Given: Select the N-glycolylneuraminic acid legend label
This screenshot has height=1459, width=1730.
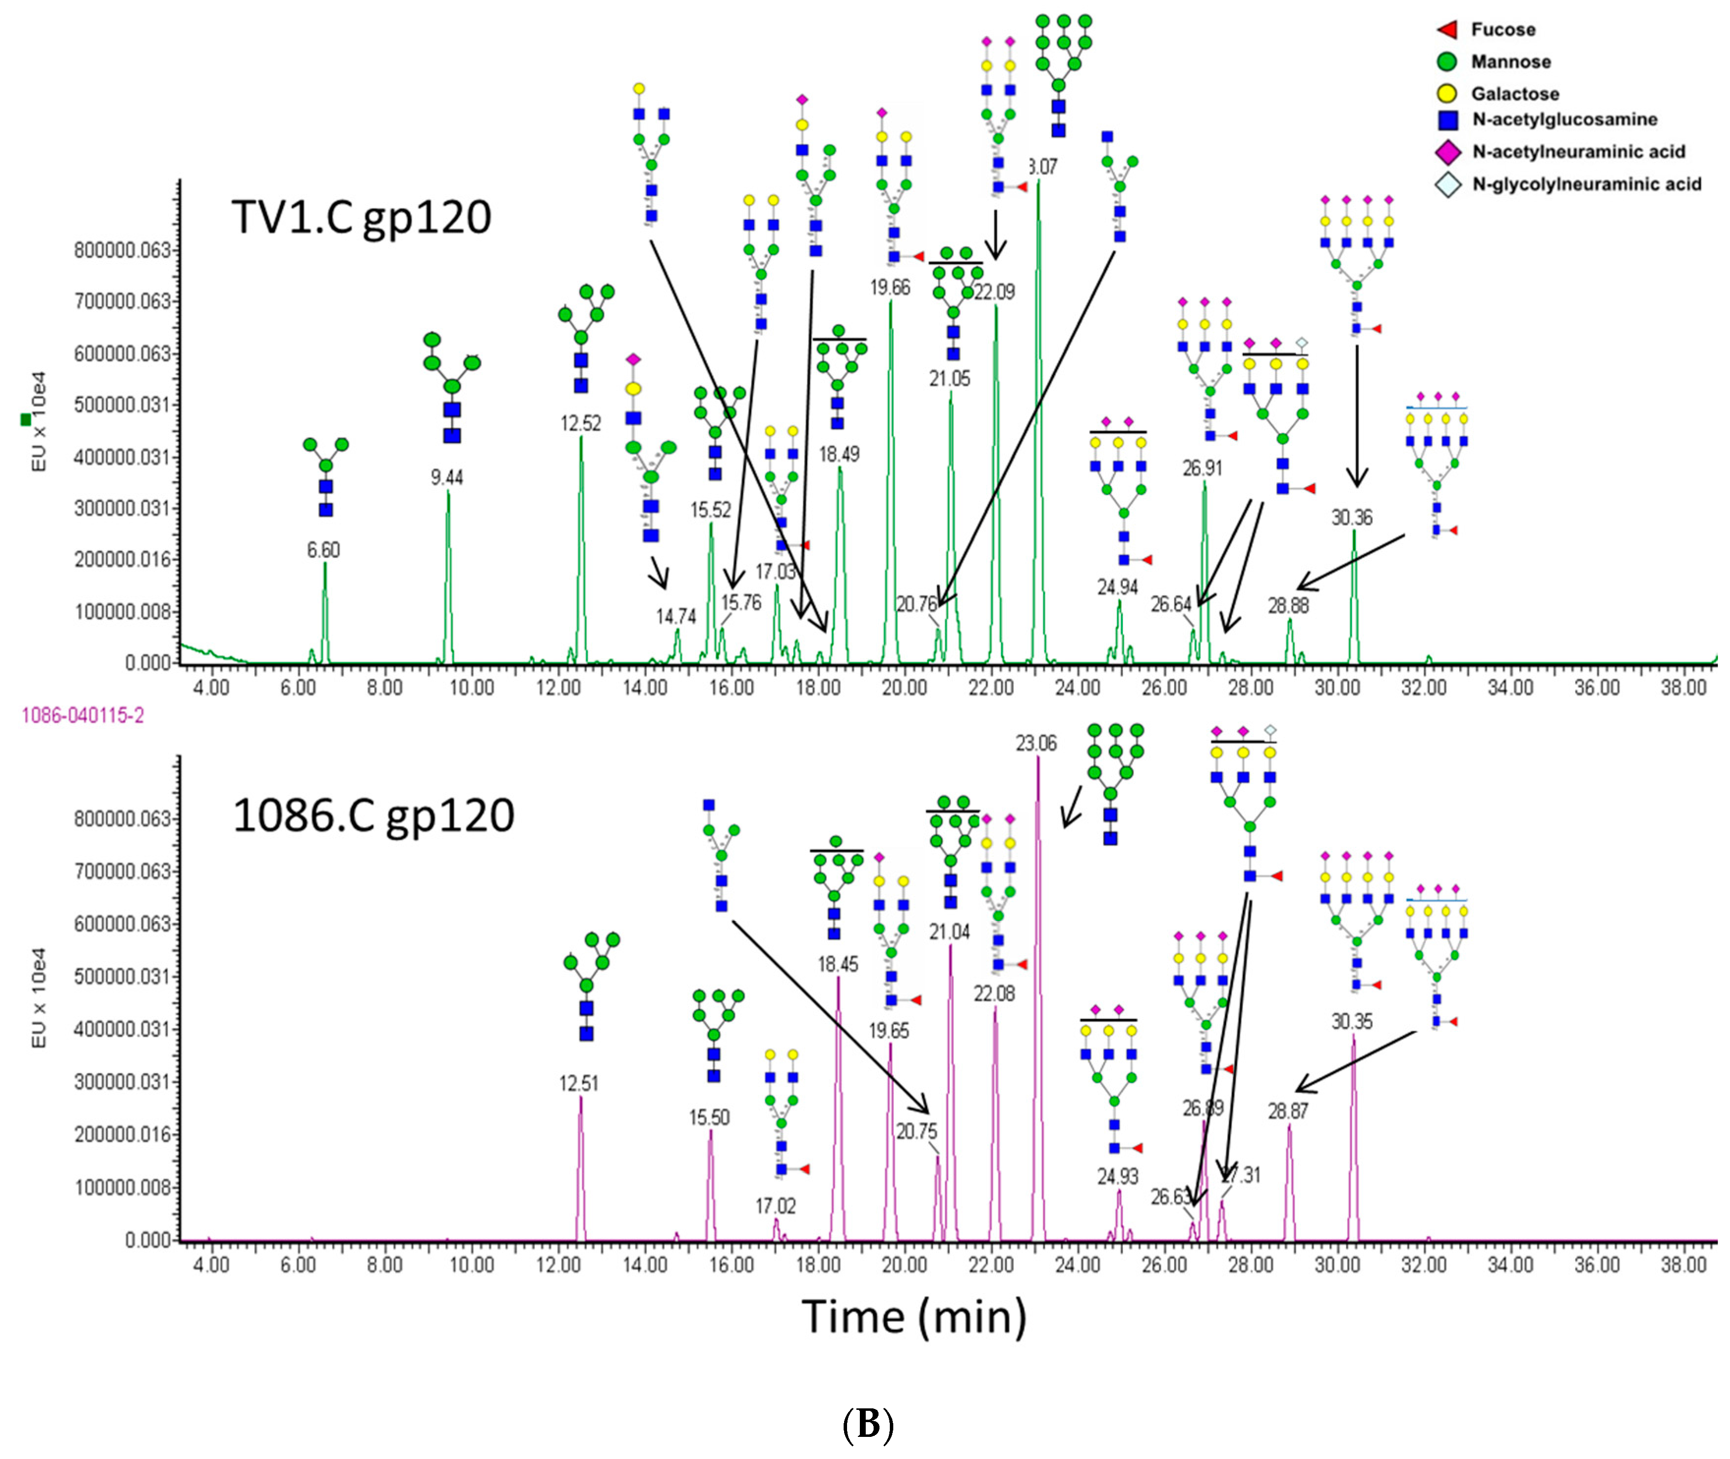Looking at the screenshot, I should [1586, 184].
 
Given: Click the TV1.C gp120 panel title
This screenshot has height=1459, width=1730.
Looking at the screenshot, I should [361, 218].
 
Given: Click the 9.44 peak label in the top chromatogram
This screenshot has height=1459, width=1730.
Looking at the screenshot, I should [446, 477].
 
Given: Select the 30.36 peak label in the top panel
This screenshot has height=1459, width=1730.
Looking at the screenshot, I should [1351, 518].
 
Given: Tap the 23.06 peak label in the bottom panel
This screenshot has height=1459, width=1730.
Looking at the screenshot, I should [1036, 744].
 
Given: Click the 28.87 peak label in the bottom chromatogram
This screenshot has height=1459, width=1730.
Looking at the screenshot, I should [1288, 1111].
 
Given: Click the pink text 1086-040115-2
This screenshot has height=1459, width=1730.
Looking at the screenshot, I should [83, 715].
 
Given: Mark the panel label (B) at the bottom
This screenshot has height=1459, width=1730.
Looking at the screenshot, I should [867, 1424].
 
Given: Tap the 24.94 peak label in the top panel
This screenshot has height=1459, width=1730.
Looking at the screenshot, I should [1117, 587].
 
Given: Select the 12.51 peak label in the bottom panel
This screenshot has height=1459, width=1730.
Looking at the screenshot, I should [578, 1083].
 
